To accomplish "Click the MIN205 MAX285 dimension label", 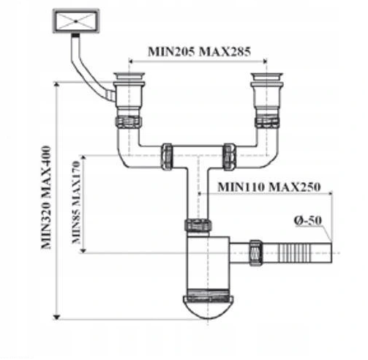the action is click(199, 51).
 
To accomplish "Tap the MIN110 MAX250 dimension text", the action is click(269, 187).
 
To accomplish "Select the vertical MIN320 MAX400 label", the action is click(46, 198).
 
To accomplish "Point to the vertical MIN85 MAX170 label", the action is click(76, 202).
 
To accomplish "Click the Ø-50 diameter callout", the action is click(308, 220).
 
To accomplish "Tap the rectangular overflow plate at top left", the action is click(76, 21).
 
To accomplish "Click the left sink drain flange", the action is click(129, 75).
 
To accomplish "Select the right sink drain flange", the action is click(267, 75).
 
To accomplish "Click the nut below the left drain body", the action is click(129, 122).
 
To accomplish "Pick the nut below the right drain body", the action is click(267, 121).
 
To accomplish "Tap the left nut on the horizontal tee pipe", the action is click(167, 157).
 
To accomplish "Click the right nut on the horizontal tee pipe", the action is click(230, 157).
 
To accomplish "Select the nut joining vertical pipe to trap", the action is click(198, 225).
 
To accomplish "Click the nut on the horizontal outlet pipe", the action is click(256, 252).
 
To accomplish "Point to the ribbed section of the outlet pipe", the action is click(295, 252).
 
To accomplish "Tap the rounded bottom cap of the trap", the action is click(208, 307).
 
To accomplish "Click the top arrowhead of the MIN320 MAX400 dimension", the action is click(56, 84).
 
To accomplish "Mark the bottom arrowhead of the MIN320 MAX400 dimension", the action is click(56, 317).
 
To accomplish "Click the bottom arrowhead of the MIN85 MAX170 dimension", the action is click(83, 251).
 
